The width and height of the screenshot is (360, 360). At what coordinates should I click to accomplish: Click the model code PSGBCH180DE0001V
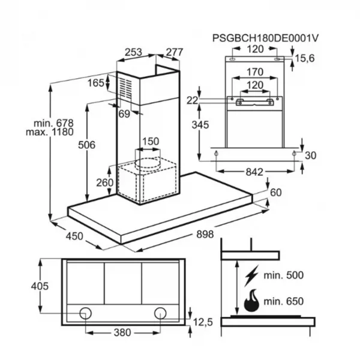pos(265,38)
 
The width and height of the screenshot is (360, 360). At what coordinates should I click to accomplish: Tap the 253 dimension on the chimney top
pos(133,52)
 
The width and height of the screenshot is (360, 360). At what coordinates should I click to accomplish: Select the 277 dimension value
pos(175,52)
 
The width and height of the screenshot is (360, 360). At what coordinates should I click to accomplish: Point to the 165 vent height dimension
pos(96,83)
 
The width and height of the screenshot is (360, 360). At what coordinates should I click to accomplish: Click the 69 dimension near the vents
pos(124,113)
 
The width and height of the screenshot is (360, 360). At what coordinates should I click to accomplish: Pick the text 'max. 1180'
pos(50,132)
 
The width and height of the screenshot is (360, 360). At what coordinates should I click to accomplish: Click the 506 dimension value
pos(86,145)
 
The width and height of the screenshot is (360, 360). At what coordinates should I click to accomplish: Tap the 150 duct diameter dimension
pos(151,142)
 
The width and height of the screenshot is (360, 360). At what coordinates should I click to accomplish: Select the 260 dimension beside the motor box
pos(104,183)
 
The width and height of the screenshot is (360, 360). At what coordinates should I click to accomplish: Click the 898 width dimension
pos(205,235)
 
